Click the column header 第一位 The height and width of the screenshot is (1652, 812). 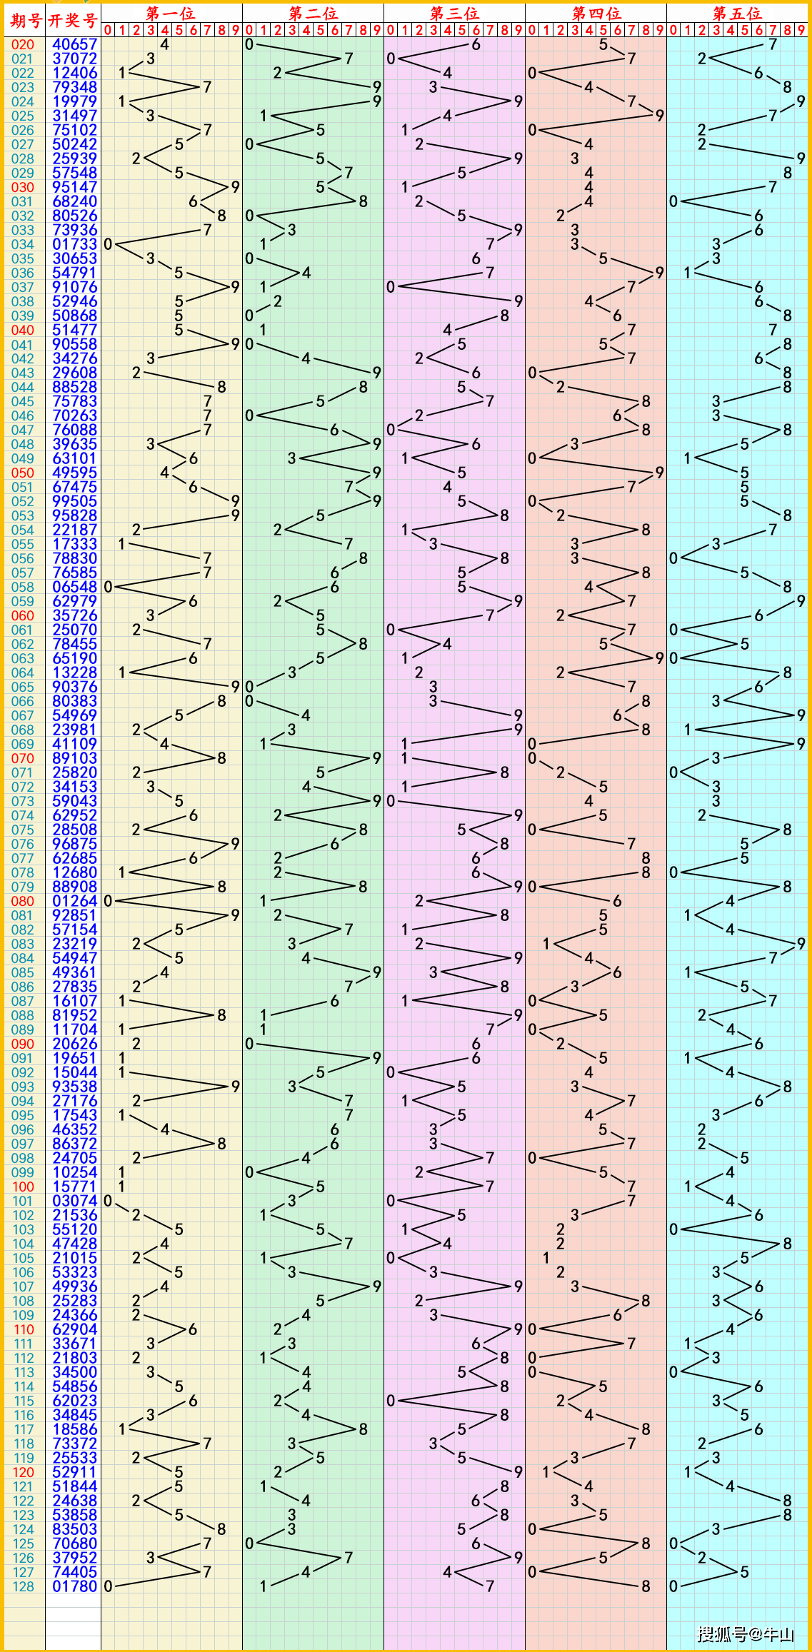point(171,13)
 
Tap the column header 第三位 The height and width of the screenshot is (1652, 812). point(454,13)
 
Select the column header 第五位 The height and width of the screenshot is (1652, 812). point(737,13)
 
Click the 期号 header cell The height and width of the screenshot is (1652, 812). point(25,20)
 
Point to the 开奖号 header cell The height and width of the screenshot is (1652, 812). point(72,20)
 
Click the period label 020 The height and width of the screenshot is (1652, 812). point(23,44)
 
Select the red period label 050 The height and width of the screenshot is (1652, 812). point(23,473)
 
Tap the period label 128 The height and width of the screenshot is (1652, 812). point(23,1586)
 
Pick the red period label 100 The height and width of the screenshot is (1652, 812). point(23,1187)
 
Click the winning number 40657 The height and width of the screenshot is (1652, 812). point(74,44)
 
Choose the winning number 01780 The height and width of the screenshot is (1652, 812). point(74,1586)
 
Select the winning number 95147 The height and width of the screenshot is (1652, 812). point(74,187)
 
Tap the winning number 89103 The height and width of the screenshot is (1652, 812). point(74,758)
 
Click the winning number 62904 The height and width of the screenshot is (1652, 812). point(74,1329)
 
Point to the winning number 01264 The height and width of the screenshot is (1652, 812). point(74,901)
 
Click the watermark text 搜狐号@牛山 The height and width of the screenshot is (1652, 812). point(746,1633)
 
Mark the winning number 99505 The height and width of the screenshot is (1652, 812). point(74,501)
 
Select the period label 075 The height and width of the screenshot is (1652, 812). point(23,830)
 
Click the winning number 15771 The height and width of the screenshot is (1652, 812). point(74,1187)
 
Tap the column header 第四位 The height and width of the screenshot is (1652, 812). point(596,13)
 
